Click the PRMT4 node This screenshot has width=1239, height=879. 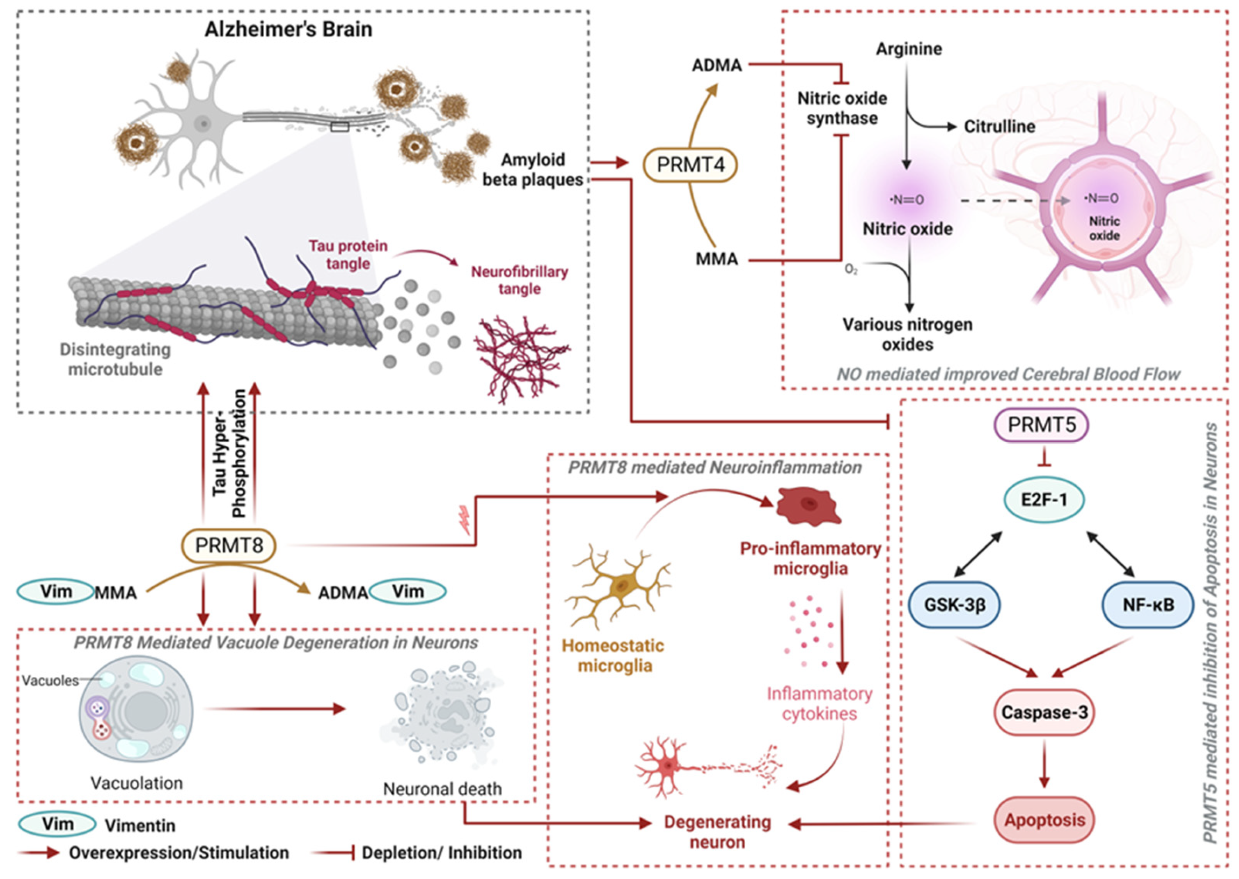coord(690,165)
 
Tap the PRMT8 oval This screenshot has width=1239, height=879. coord(229,546)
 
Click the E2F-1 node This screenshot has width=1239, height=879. coord(1044,499)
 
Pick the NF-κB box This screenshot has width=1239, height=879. coord(1148,604)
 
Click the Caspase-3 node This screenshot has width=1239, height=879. coord(1044,712)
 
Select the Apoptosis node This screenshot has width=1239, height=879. coord(1045,820)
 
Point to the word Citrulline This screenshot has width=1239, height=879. coord(999,127)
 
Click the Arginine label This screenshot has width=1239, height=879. coord(909,49)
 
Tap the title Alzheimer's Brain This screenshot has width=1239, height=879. coord(289,29)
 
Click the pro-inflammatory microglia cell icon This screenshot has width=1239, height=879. coord(808,506)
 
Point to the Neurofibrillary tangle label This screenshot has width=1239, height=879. coord(519,280)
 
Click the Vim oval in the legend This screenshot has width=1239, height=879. coord(57,824)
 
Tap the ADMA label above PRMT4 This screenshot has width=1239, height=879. coord(717,66)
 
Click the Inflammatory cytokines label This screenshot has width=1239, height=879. coord(820,704)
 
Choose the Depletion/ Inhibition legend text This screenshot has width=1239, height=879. coord(442,853)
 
